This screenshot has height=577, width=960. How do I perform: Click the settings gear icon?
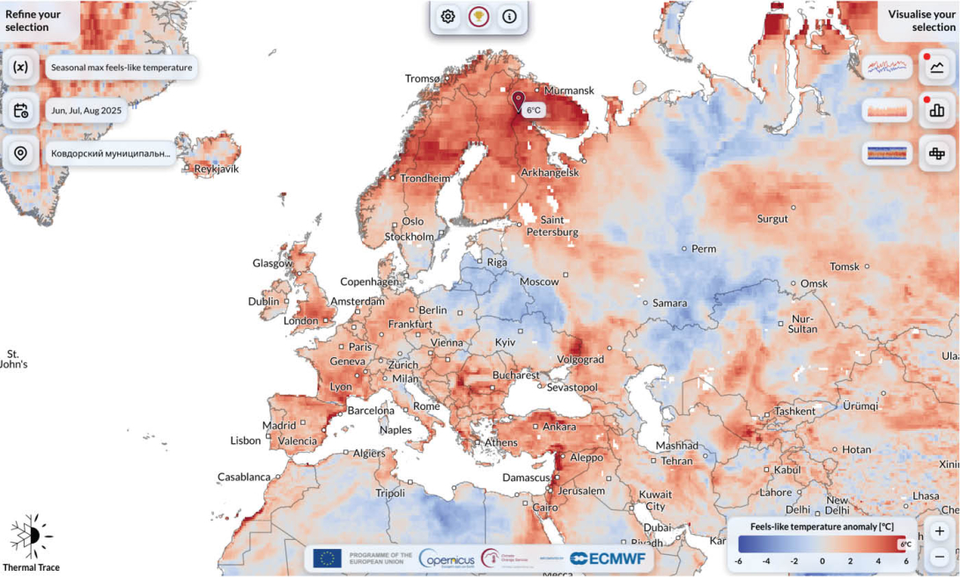tap(448, 16)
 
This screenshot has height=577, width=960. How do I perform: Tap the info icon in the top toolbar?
tap(509, 16)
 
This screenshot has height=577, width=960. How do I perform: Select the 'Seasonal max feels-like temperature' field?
tap(121, 67)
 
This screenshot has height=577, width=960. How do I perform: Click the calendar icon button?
tap(21, 110)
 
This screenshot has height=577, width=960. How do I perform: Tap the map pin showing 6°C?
tap(518, 100)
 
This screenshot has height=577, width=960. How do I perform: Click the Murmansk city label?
tap(569, 91)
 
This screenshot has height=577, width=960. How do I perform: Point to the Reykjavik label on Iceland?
tap(217, 168)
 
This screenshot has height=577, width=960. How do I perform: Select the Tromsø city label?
tap(422, 78)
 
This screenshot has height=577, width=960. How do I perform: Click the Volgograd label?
tap(580, 359)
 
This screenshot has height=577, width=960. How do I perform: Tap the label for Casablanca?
tap(244, 477)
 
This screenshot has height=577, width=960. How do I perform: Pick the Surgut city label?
tap(772, 218)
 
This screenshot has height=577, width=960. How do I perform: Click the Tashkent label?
tap(795, 411)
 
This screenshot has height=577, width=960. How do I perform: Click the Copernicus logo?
tap(448, 558)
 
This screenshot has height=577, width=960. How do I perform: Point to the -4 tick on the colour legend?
tap(765, 559)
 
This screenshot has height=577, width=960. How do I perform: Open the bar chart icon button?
tap(936, 111)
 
